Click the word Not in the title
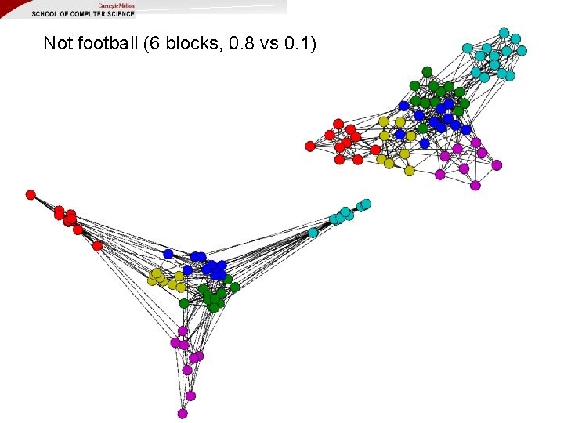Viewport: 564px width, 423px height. click(x=57, y=43)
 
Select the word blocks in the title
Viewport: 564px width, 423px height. click(x=187, y=43)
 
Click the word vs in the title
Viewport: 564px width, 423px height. click(x=262, y=43)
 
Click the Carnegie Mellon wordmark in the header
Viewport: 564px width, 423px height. click(x=116, y=5)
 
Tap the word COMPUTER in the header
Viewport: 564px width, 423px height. click(x=82, y=13)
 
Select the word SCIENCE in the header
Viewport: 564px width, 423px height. click(x=118, y=13)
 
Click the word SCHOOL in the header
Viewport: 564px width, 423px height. click(x=44, y=13)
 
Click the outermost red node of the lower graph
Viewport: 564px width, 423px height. click(x=31, y=194)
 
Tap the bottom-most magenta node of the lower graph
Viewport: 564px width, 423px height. click(x=183, y=413)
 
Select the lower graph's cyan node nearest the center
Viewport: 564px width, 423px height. click(x=313, y=232)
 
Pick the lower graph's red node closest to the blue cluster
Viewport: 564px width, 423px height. click(x=97, y=245)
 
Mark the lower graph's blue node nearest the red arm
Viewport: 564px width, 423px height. click(x=168, y=254)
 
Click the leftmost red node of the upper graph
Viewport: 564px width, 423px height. click(x=309, y=146)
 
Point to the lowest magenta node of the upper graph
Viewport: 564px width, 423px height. click(x=475, y=185)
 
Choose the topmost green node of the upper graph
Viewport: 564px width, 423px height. click(x=427, y=71)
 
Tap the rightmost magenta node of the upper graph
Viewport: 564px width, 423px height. click(x=497, y=165)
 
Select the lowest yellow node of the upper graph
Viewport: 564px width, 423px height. click(x=409, y=171)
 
